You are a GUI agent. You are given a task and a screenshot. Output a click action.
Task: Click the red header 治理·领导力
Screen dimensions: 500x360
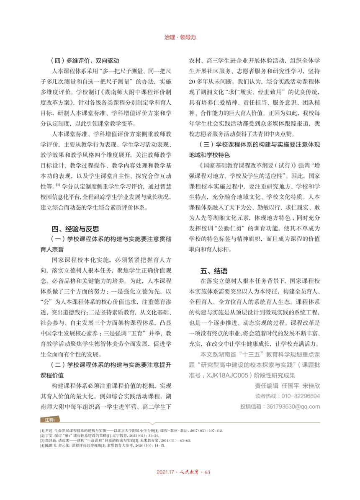(180, 37)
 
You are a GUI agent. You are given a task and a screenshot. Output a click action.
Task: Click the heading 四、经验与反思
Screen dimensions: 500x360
(75, 229)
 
